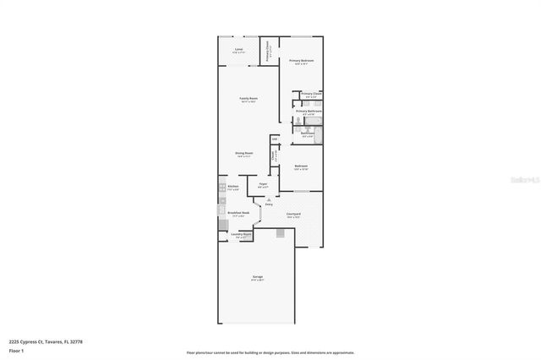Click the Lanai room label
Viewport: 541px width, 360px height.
(x=239, y=50)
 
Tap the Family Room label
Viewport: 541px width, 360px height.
(x=248, y=99)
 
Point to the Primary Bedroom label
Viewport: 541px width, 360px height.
(x=301, y=61)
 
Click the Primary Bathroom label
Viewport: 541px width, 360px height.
(x=307, y=111)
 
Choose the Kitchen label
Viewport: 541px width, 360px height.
(x=232, y=186)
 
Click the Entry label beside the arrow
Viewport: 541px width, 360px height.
(x=269, y=205)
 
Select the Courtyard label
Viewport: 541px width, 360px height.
(x=293, y=214)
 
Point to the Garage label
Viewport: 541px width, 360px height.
(x=257, y=276)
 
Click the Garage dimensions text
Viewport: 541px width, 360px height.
(x=257, y=281)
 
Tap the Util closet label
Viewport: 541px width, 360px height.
(x=275, y=139)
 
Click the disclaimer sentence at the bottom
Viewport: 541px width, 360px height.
(x=270, y=352)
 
